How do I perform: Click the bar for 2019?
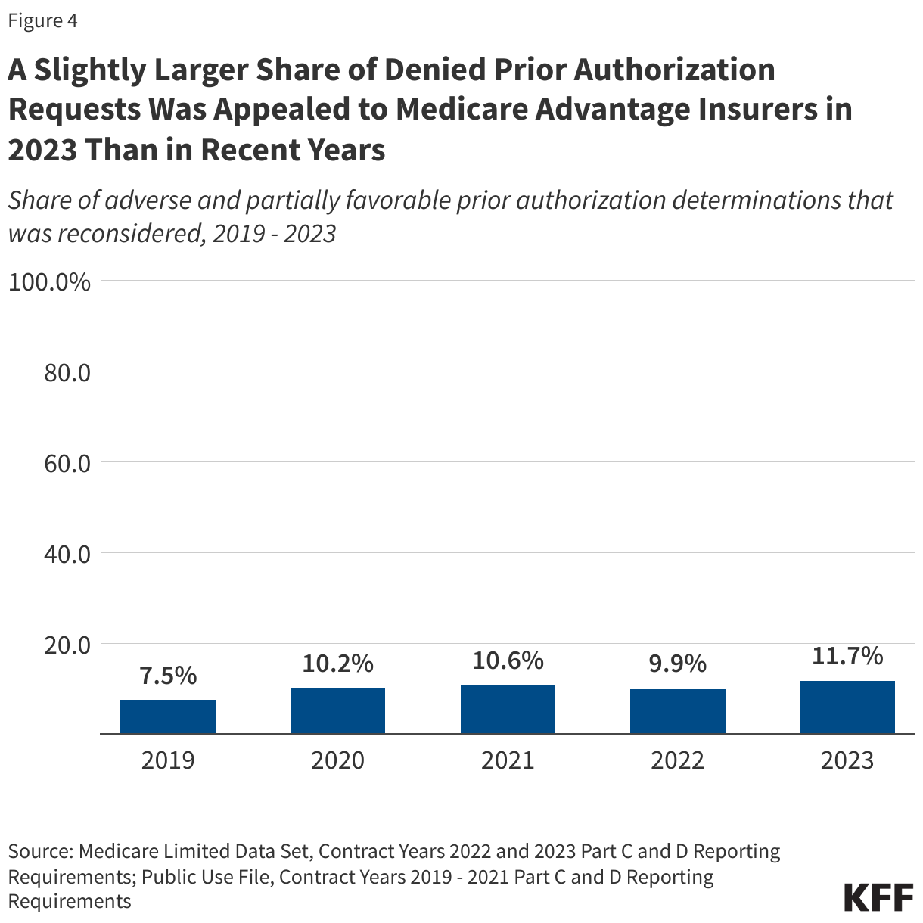(168, 716)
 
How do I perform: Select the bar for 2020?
(337, 710)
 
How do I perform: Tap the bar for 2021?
(508, 710)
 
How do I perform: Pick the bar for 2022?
(677, 711)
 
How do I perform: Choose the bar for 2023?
(847, 707)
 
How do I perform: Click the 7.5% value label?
(168, 676)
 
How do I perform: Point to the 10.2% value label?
(337, 664)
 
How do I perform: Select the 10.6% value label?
(508, 660)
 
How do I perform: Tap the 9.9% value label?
(677, 664)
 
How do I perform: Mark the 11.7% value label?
(847, 656)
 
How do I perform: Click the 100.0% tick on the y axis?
(49, 282)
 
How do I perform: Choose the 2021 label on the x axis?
(508, 760)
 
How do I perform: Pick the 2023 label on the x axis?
(847, 760)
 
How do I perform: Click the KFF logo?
(878, 897)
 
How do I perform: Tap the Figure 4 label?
(42, 21)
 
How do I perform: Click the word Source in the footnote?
(38, 851)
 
